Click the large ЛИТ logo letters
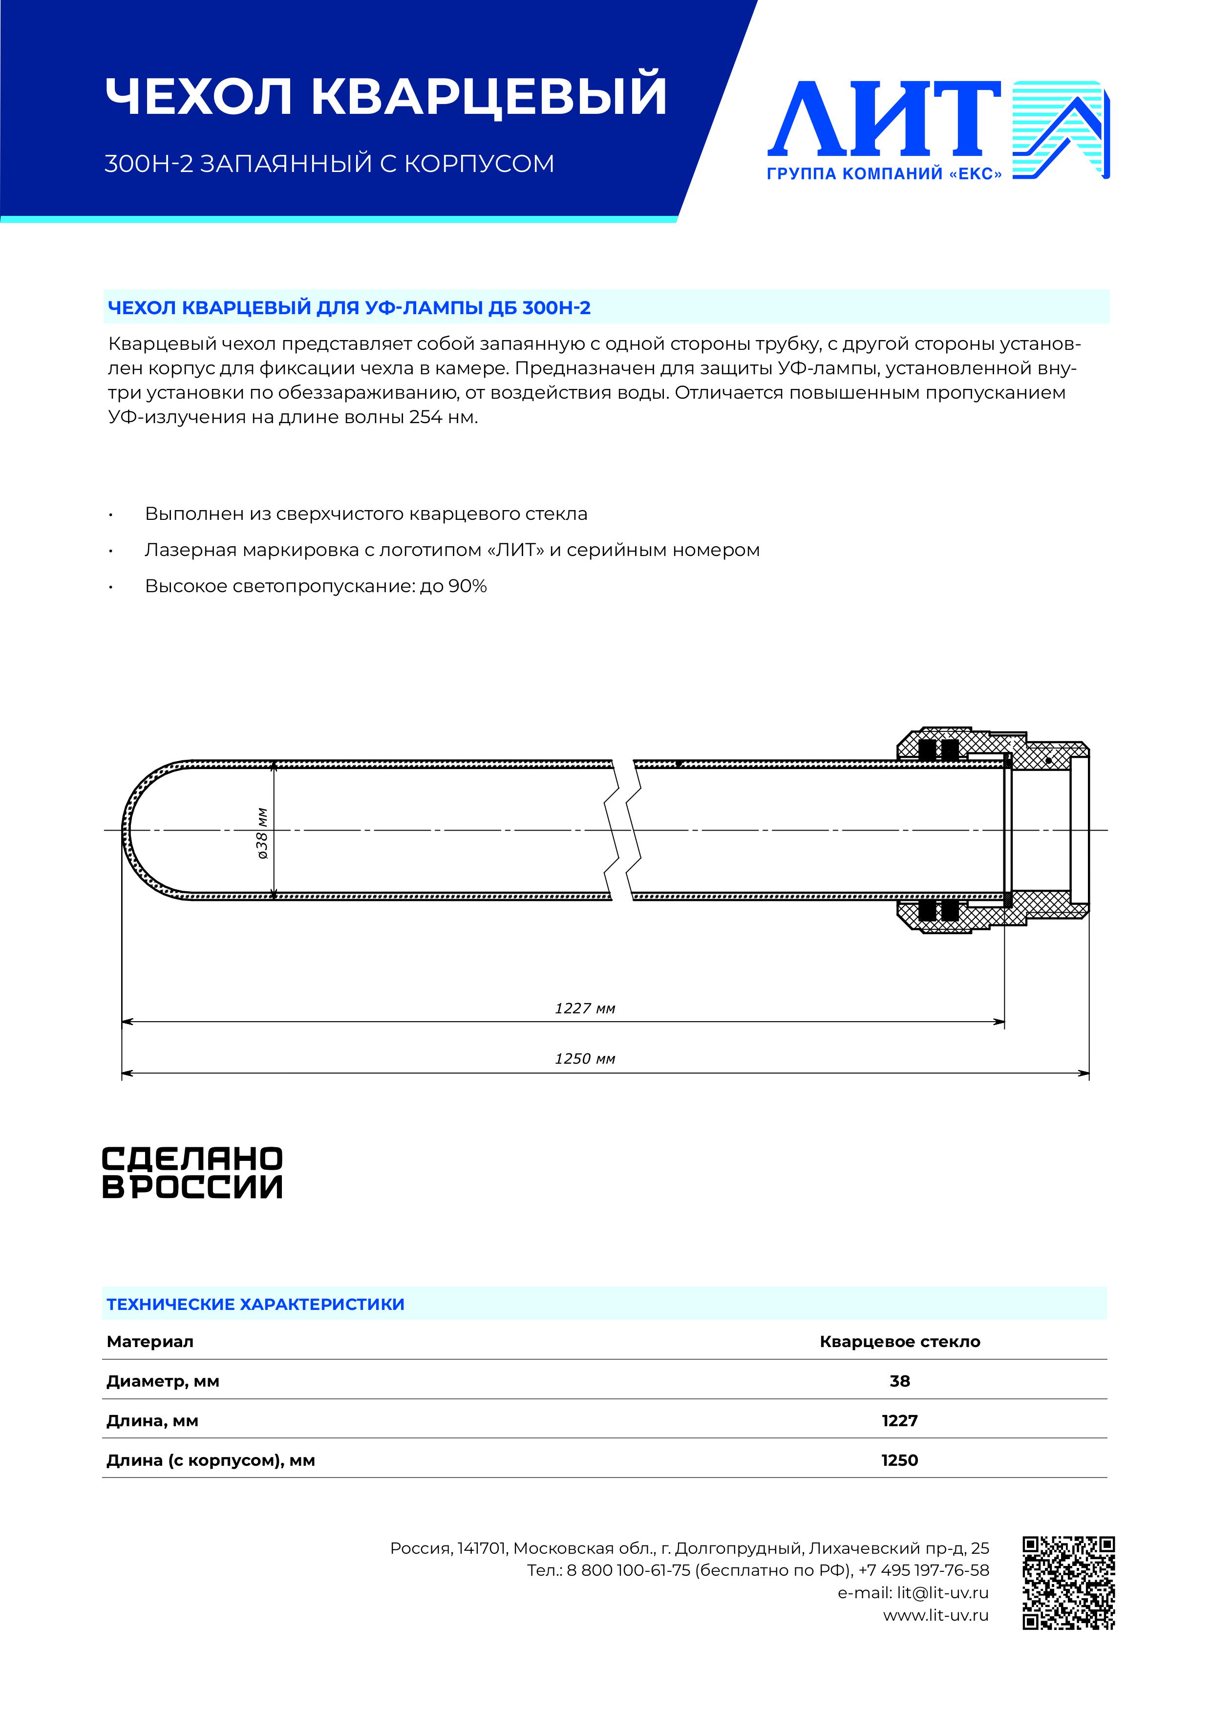click(884, 119)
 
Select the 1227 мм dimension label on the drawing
click(584, 1008)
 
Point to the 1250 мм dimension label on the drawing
click(584, 1059)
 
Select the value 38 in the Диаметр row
click(899, 1381)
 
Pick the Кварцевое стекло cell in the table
click(899, 1342)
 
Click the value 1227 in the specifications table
click(899, 1421)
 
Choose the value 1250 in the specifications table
click(899, 1460)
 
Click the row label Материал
click(150, 1342)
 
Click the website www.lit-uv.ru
click(936, 1615)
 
